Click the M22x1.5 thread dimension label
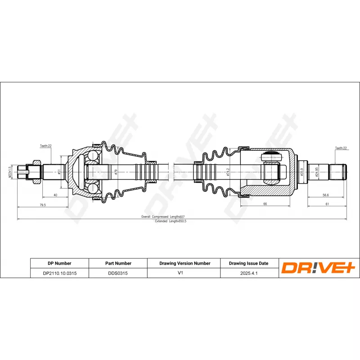[x=10, y=172]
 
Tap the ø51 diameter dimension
[x=59, y=172]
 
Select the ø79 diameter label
[x=116, y=172]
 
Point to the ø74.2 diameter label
[x=228, y=172]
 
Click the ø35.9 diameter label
[x=301, y=172]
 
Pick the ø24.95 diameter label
[x=317, y=172]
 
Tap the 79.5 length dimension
[x=43, y=205]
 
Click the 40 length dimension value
[x=55, y=195]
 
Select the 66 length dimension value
[x=265, y=204]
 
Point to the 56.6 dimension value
[x=325, y=195]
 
